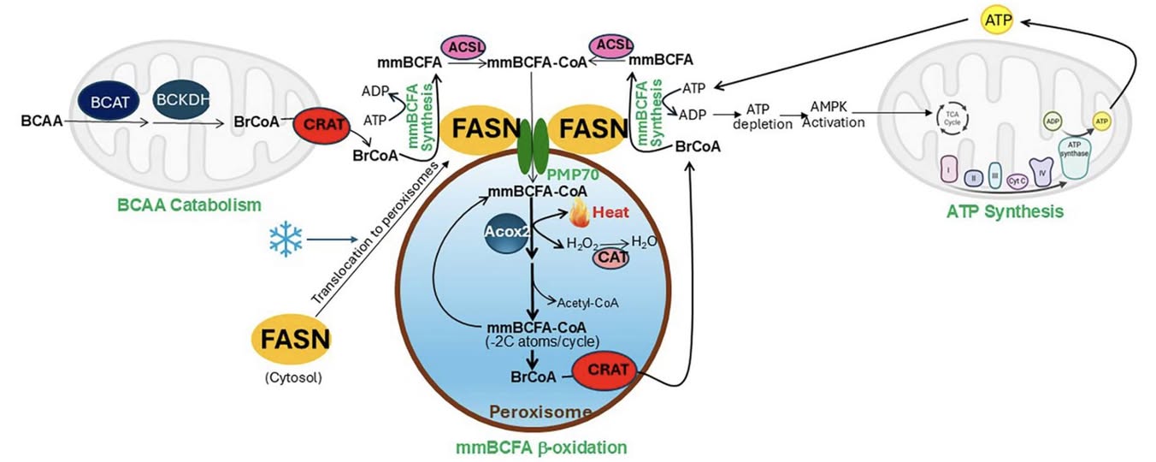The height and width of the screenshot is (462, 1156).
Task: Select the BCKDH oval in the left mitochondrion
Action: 183,102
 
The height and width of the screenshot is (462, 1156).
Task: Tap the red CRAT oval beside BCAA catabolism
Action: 321,126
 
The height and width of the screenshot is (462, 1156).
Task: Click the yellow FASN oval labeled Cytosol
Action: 292,341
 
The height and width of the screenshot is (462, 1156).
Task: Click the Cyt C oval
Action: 1017,180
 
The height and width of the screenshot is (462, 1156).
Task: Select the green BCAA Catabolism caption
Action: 188,204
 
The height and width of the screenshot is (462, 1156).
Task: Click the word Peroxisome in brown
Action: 540,413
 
